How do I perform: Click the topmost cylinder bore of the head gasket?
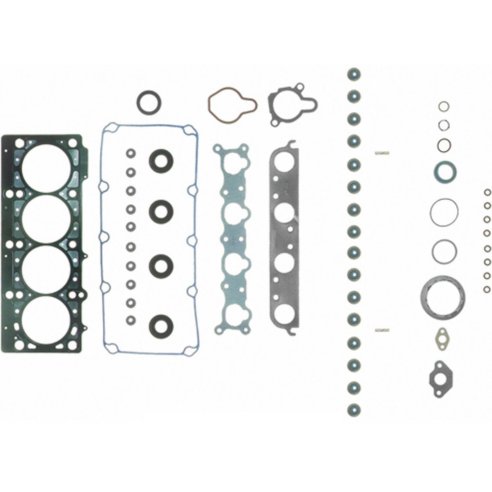click(x=46, y=168)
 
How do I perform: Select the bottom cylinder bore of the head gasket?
click(x=46, y=321)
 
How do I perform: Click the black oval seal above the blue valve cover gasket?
click(x=149, y=102)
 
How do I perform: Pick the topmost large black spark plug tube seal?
click(x=161, y=161)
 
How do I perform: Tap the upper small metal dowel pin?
click(x=382, y=153)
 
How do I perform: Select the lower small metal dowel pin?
click(x=382, y=330)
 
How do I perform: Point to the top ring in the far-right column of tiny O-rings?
click(x=487, y=193)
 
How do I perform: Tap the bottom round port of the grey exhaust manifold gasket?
click(x=284, y=314)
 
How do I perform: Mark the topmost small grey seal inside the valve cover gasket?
click(x=131, y=153)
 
